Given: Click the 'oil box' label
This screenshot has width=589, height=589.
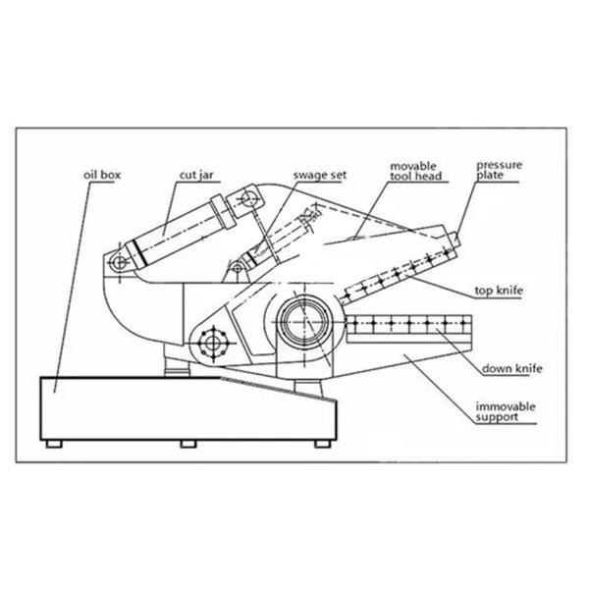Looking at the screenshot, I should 102,176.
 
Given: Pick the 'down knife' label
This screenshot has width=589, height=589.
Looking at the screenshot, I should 511,368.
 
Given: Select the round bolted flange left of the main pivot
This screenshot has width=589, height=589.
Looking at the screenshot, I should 211,344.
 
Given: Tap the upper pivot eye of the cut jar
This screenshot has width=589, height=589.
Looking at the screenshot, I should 246,201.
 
